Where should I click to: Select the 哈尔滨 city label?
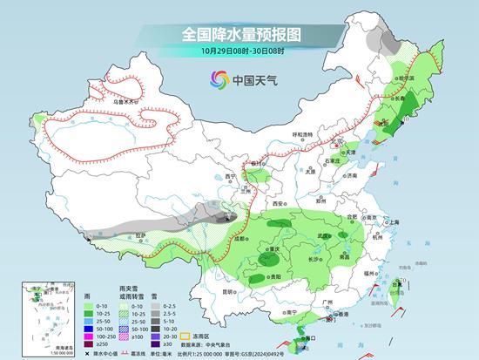(408, 78)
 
